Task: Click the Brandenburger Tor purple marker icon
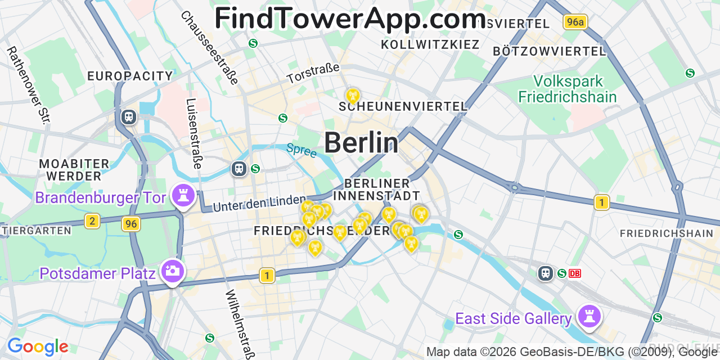(183, 196)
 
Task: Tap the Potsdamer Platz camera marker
(172, 271)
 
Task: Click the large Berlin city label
(361, 143)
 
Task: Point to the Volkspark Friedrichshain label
(567, 89)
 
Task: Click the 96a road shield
(575, 22)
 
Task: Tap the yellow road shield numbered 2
(93, 221)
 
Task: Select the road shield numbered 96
(131, 224)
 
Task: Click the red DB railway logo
(575, 273)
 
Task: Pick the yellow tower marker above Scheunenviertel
(353, 96)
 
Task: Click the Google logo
(38, 346)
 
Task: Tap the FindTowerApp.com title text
(350, 19)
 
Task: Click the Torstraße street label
(313, 73)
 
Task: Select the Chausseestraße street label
(209, 47)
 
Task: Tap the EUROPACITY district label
(130, 76)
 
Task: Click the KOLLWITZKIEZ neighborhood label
(430, 44)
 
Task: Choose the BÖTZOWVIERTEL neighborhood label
(549, 51)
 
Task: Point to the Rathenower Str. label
(29, 84)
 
